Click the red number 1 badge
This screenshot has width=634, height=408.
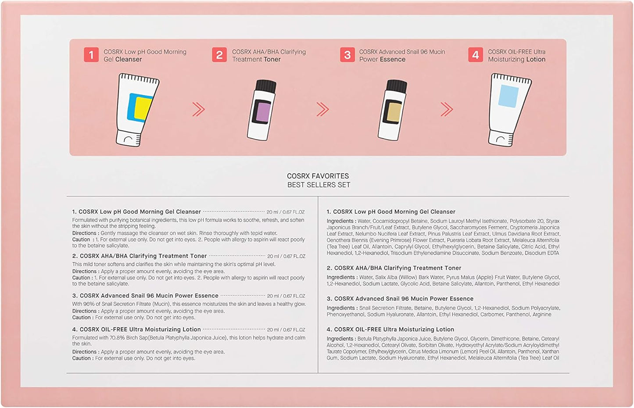coord(91,54)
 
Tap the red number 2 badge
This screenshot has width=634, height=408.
coord(219,54)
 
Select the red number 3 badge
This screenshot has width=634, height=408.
coord(347,54)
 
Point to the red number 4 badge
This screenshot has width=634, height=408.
coord(476,54)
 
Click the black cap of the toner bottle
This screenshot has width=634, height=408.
coord(265,86)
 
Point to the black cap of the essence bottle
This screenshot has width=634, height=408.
coord(396,86)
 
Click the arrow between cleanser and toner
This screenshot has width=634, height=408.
coord(198,110)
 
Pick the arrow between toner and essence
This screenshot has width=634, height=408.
coord(322,110)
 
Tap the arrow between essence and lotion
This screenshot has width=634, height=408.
coord(447,110)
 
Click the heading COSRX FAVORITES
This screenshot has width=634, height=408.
coord(318,176)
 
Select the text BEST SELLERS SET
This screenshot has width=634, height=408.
coord(319,185)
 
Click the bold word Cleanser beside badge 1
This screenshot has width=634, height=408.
coord(129,59)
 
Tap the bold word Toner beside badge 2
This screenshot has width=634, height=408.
coord(272,59)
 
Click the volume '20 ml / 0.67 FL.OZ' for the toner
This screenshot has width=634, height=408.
coord(286,256)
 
